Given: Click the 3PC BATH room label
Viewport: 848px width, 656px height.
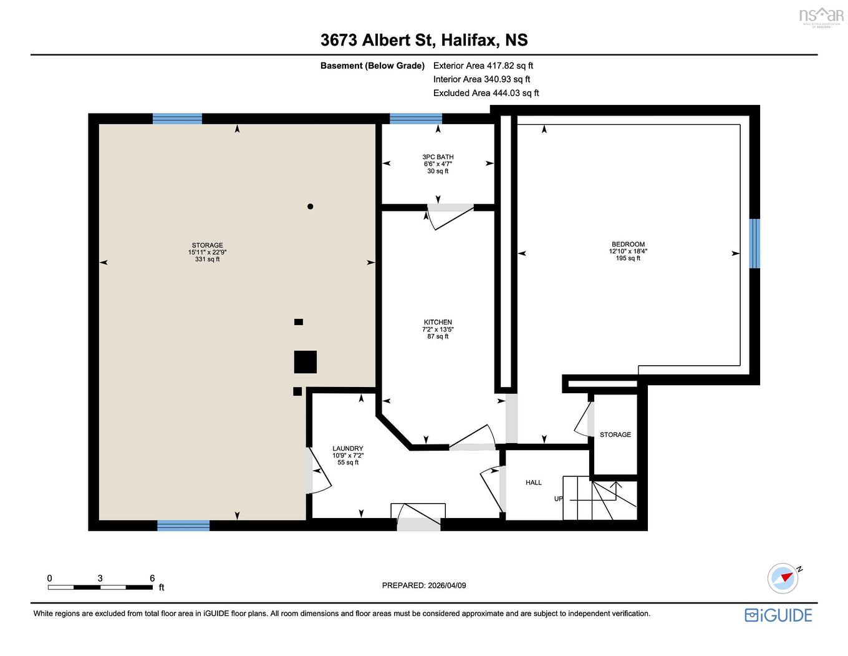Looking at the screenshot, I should [x=438, y=157].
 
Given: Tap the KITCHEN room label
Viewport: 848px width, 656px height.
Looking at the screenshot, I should [x=438, y=322].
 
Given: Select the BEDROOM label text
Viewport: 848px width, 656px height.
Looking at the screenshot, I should [x=628, y=245].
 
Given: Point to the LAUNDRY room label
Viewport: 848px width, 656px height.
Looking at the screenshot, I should [x=347, y=449].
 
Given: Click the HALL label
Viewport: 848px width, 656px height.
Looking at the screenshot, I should [x=534, y=482].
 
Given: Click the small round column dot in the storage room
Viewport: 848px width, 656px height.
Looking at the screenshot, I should [x=310, y=207].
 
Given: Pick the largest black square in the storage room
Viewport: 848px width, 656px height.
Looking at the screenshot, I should [x=306, y=362].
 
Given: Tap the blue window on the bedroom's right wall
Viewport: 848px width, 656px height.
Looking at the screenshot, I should [x=754, y=243].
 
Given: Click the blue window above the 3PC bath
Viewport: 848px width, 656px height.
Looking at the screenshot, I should [x=416, y=119].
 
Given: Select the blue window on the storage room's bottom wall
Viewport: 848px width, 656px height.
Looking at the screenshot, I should [x=183, y=526].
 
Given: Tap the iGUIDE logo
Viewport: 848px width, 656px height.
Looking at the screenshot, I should [x=778, y=615].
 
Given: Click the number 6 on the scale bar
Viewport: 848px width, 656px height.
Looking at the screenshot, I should [x=152, y=579].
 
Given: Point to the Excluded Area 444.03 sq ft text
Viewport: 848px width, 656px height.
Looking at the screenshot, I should [x=486, y=93].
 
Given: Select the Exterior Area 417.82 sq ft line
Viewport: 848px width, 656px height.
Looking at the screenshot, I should [x=483, y=66].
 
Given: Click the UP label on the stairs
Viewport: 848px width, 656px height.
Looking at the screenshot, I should [x=559, y=499].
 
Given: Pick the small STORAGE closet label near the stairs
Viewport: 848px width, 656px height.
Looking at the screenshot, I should [x=615, y=434].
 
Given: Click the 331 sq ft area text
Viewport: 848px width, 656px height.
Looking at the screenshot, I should [x=207, y=259].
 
